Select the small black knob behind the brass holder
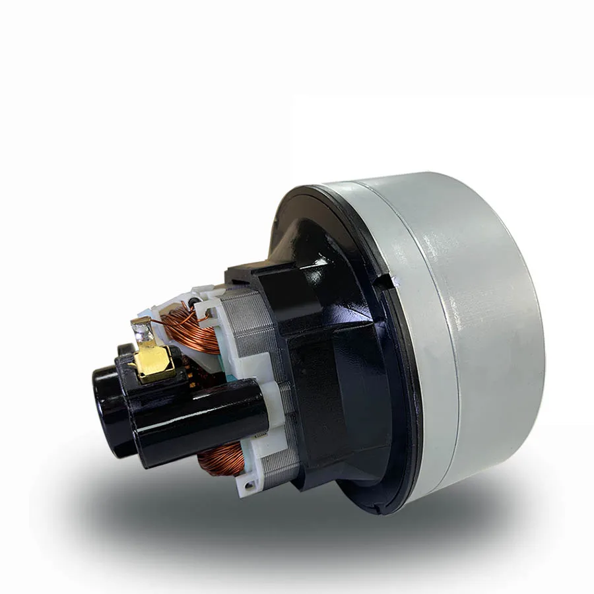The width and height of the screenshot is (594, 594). pyautogui.click(x=126, y=350)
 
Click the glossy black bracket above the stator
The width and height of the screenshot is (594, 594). pyautogui.click(x=277, y=284)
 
